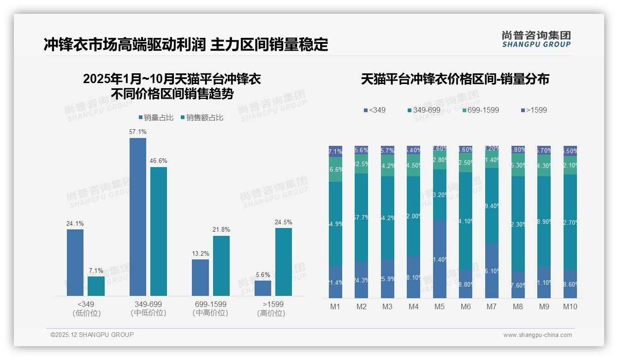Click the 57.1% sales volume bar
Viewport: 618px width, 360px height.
coord(137,217)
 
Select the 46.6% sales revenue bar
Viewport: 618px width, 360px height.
coord(159,231)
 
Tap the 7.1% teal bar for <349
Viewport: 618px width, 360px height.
coord(96,286)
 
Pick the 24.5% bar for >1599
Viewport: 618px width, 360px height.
coord(283,262)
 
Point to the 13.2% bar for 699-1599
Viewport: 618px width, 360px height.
coord(200,277)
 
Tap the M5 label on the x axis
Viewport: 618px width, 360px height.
coord(439,306)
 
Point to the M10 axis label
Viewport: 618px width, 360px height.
coord(570,306)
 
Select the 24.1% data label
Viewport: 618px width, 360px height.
coord(75,224)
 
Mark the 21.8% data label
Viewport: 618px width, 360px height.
coord(221,230)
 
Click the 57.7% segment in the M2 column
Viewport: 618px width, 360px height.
coord(361,217)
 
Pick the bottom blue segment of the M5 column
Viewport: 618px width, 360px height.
coord(439,259)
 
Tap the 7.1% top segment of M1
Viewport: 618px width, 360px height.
coord(335,151)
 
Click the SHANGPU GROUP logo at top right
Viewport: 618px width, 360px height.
coord(536,39)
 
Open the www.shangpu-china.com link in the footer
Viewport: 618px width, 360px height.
coord(537,335)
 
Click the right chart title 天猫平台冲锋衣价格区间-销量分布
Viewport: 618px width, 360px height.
coord(455,79)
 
